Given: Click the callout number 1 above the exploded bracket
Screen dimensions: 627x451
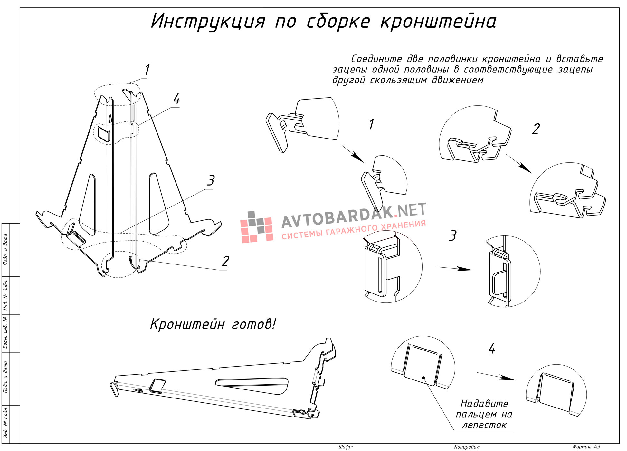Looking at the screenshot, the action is (147, 70).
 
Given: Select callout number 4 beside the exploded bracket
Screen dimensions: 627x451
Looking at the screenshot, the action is (176, 99).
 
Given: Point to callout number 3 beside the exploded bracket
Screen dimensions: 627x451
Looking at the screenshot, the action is (211, 180).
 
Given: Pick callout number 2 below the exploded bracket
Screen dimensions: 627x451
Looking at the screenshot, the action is (225, 261).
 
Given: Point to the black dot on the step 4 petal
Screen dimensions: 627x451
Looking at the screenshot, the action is (423, 378).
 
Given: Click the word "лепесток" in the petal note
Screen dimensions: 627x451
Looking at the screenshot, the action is (484, 425).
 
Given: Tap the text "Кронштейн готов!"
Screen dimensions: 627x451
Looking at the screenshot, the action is (213, 324).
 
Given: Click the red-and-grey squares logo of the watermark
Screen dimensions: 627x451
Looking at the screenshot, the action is (257, 227).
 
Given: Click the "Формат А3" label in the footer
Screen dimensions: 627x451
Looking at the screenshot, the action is (586, 447).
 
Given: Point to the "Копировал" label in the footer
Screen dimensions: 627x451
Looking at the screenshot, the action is (467, 447).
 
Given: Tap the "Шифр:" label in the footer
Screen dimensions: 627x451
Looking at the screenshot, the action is (346, 447).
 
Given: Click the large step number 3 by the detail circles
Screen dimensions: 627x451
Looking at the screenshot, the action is (453, 236).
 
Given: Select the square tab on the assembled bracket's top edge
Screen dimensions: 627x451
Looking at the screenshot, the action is (157, 386).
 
